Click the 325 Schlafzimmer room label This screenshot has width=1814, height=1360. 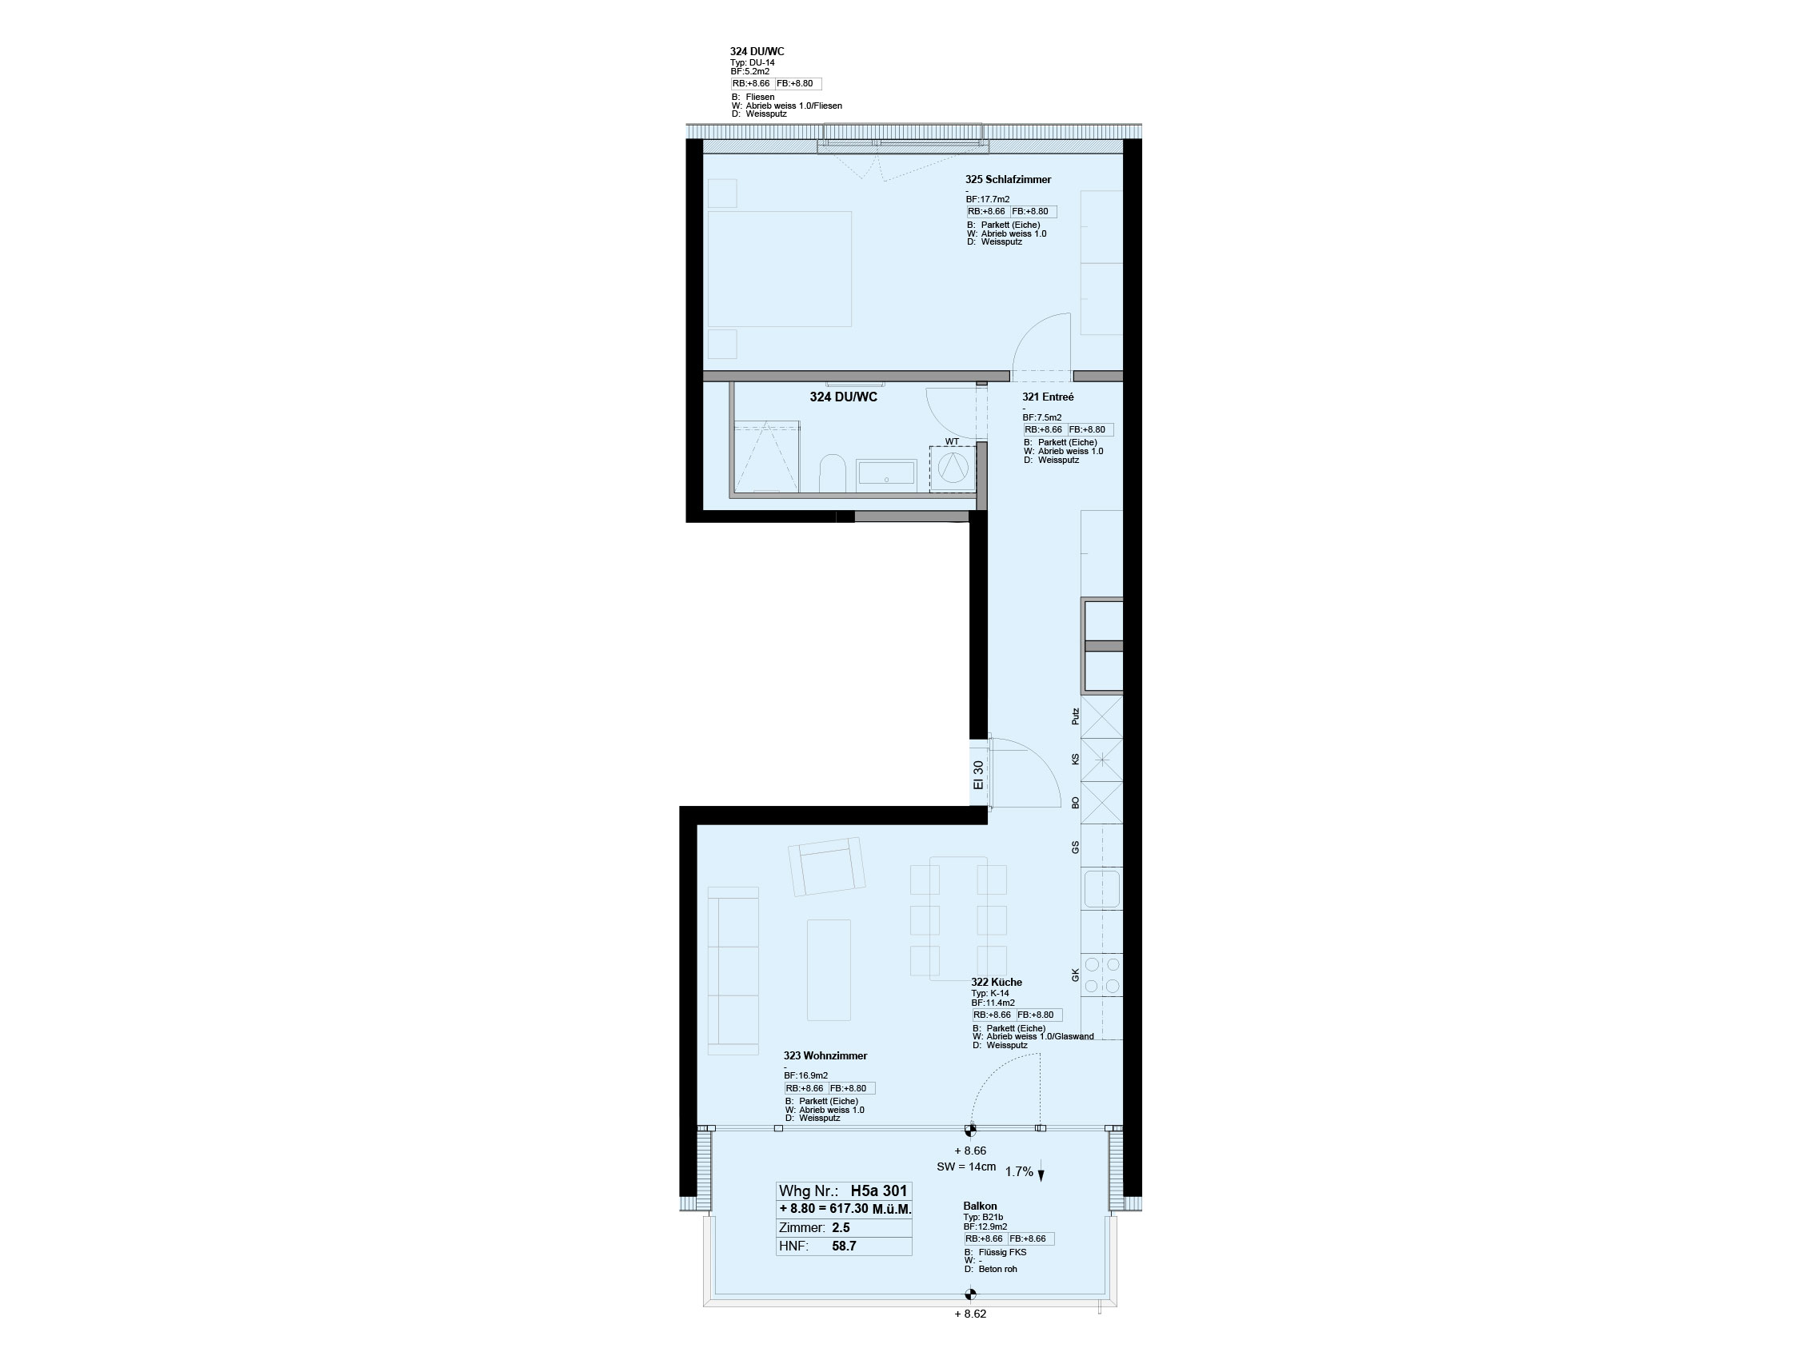tap(1008, 180)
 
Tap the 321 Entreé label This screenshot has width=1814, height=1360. tap(1047, 397)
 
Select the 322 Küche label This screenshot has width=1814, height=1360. tap(997, 982)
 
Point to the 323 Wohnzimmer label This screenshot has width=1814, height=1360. tap(825, 1056)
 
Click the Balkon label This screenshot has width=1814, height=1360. tap(980, 1206)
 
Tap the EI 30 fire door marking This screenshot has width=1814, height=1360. tap(977, 775)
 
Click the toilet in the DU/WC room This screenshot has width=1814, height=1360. tap(833, 473)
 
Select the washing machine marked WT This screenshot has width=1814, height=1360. tap(952, 468)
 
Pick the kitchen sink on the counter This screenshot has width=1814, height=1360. tap(1101, 888)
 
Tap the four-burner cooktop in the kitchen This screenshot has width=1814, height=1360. tap(1102, 975)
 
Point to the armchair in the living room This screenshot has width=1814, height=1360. tap(825, 866)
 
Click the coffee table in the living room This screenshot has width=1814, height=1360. tap(829, 970)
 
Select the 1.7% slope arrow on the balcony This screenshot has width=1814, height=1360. tap(1041, 1173)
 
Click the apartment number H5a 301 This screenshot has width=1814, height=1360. tap(879, 1191)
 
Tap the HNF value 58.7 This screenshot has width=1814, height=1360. tap(844, 1246)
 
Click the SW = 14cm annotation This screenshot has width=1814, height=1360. tap(966, 1167)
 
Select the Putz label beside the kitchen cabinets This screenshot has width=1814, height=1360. tap(1075, 716)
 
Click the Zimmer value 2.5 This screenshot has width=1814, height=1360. tap(841, 1228)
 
